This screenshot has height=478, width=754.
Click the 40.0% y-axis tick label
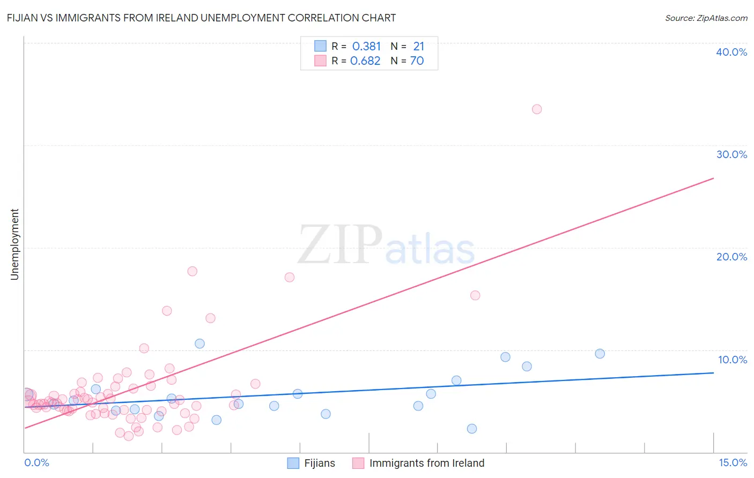tap(731, 52)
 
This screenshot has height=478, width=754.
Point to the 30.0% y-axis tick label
tap(731, 154)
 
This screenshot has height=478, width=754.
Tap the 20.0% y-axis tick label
tap(731, 257)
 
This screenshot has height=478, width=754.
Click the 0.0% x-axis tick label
tap(36, 462)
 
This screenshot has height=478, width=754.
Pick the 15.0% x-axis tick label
tap(733, 462)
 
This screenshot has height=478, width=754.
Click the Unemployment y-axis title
tap(15, 244)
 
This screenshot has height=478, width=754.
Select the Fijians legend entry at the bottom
tap(319, 463)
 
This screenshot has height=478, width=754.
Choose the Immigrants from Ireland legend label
tap(426, 463)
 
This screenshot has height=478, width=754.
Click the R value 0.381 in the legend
tap(366, 47)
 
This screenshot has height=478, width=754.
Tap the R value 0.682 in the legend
tap(365, 61)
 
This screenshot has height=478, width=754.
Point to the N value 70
tap(417, 61)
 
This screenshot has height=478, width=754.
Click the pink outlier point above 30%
tap(537, 109)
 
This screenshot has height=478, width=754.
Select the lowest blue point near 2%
tap(472, 429)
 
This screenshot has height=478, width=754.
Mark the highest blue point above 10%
tap(199, 343)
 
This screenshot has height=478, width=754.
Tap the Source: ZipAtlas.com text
tap(706, 18)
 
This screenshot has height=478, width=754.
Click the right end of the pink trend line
tap(713, 178)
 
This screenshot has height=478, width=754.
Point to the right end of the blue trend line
tap(713, 372)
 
